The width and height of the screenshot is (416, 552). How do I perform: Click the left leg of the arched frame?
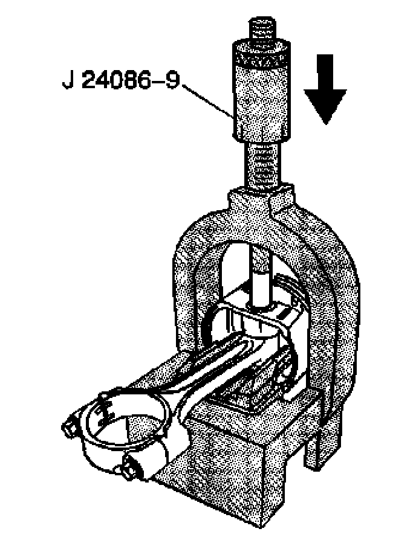tap(187, 290)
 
